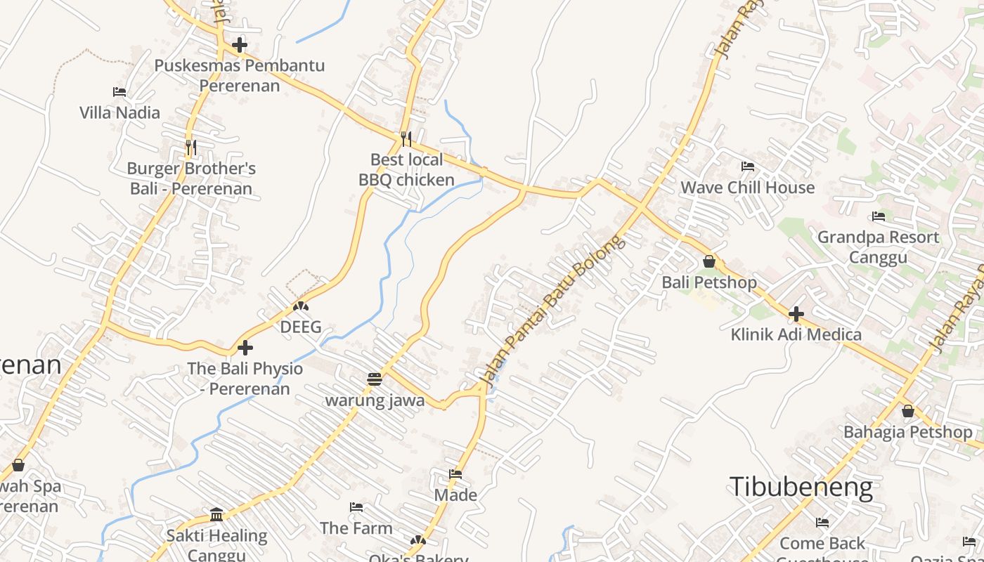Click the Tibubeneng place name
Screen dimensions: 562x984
click(x=801, y=487)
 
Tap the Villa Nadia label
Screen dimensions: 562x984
click(x=119, y=112)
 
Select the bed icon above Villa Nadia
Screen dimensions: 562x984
click(x=119, y=92)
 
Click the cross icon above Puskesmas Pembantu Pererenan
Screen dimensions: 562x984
click(x=240, y=46)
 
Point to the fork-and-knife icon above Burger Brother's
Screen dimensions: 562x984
click(x=190, y=148)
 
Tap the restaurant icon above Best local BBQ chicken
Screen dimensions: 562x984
click(x=406, y=139)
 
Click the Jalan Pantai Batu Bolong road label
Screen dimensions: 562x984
click(x=552, y=311)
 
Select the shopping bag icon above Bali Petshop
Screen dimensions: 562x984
click(x=709, y=262)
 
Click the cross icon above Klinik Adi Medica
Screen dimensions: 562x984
click(x=796, y=314)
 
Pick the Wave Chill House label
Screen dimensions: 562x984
click(x=748, y=188)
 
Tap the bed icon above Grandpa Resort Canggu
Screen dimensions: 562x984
click(x=878, y=216)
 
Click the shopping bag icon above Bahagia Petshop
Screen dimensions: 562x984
click(x=908, y=412)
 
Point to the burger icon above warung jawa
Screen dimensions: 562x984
click(x=374, y=379)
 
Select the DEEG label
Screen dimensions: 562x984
click(x=301, y=327)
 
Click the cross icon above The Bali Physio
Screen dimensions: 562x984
click(x=245, y=348)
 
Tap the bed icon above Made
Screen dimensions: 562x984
click(x=455, y=474)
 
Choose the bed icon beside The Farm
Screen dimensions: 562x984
click(x=356, y=507)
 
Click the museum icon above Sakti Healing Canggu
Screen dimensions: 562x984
click(x=216, y=515)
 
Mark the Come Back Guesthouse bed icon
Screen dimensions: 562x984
click(x=822, y=523)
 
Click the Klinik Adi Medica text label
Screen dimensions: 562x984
click(x=796, y=334)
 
